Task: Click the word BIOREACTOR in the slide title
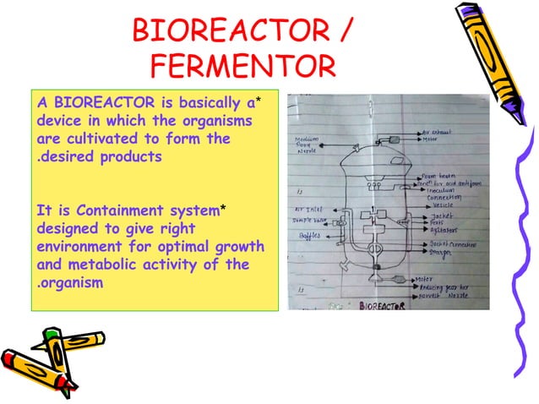point(225,32)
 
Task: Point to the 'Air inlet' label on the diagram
point(307,205)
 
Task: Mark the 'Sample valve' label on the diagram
point(309,218)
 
